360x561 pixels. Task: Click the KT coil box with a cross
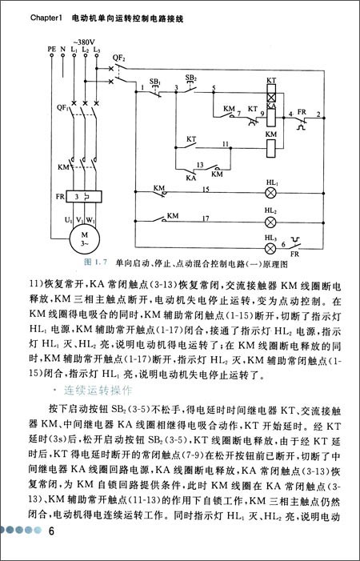pyautogui.click(x=270, y=94)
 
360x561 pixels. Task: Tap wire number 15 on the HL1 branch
pyautogui.click(x=206, y=189)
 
